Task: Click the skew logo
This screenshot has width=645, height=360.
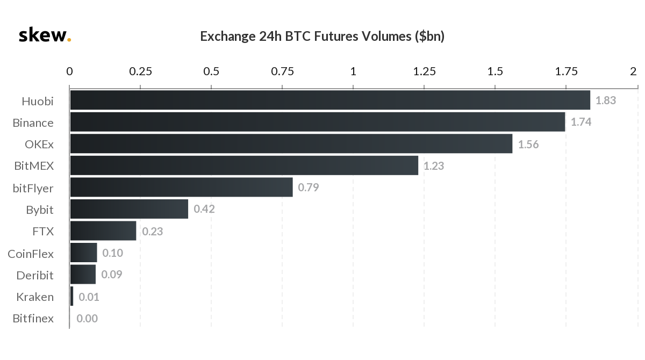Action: coord(44,35)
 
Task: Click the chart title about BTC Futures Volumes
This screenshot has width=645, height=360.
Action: coord(322,37)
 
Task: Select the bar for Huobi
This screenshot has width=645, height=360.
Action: coord(330,100)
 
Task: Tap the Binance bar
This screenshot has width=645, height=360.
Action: coord(317,122)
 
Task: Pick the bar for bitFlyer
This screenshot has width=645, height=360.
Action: coord(181,188)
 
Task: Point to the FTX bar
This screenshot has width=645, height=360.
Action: coord(103,231)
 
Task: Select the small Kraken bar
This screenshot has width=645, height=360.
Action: coord(71,297)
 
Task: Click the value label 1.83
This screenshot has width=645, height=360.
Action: coord(606,100)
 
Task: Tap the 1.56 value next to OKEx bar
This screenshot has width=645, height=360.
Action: coord(528,145)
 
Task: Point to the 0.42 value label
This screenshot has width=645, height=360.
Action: coord(204,210)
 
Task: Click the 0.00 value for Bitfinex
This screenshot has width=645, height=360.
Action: coord(87,319)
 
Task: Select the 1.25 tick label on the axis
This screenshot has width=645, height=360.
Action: coord(424,71)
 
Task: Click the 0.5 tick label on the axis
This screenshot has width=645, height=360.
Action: coord(211,71)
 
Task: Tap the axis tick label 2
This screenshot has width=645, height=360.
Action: coord(634,71)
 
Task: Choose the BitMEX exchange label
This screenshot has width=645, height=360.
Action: coord(34,166)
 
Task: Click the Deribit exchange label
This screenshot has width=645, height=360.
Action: coord(35,275)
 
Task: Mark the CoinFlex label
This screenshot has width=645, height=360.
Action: coord(31,254)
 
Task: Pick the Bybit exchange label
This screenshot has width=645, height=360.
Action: coord(40,210)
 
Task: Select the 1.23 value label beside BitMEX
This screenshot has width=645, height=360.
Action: coord(434,166)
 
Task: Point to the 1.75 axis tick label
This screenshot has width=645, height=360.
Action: coord(566,71)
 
